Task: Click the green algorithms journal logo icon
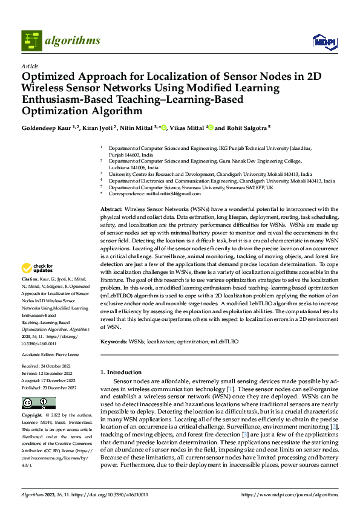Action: click(32, 41)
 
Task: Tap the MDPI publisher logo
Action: click(324, 41)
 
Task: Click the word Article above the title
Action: click(30, 66)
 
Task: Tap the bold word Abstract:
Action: click(111, 208)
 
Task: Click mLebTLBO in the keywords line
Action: click(224, 342)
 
